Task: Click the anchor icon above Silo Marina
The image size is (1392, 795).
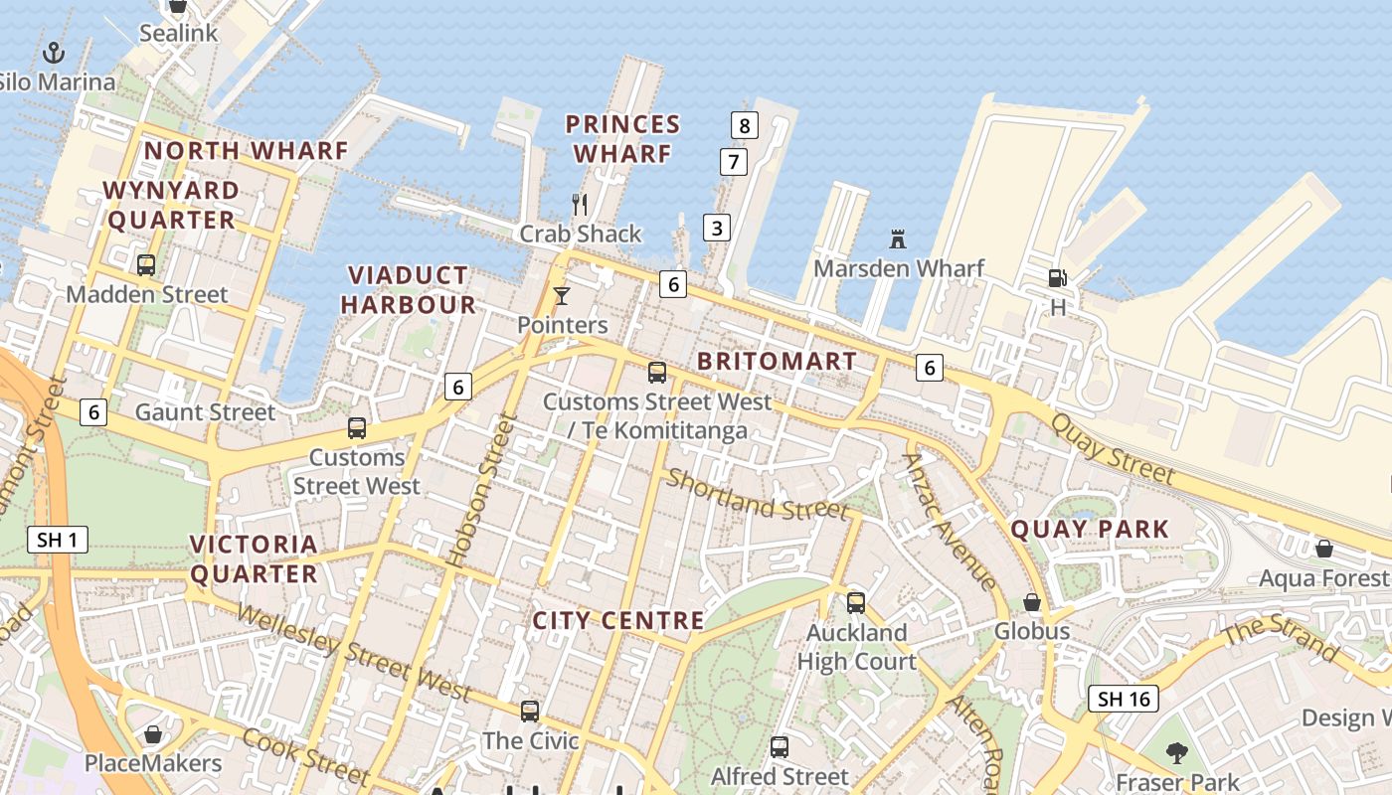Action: click(x=54, y=52)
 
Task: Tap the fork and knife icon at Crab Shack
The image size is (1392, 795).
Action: click(x=581, y=205)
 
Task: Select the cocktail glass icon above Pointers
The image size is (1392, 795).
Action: click(x=562, y=295)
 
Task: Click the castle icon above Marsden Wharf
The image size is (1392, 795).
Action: click(x=898, y=239)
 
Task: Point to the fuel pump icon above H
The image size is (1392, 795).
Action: click(x=1058, y=278)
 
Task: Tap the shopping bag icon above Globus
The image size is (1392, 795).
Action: click(x=1032, y=602)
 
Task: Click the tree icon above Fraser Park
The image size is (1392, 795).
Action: click(x=1177, y=752)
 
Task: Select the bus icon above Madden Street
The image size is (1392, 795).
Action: click(x=146, y=264)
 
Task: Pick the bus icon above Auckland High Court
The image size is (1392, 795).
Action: click(x=856, y=602)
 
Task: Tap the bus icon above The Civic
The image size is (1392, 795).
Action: click(x=530, y=711)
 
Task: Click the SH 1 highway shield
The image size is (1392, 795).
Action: click(x=57, y=540)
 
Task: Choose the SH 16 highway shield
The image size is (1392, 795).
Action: click(x=1124, y=699)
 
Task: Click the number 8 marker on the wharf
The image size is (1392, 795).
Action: click(x=744, y=125)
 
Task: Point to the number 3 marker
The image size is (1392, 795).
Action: click(x=716, y=227)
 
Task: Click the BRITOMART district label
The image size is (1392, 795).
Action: click(x=777, y=361)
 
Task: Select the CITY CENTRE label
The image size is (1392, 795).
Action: click(x=618, y=621)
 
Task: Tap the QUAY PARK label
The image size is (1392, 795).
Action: click(x=1090, y=529)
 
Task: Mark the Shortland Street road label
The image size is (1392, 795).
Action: click(x=758, y=494)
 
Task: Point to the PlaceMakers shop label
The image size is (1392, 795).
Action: click(x=153, y=763)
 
